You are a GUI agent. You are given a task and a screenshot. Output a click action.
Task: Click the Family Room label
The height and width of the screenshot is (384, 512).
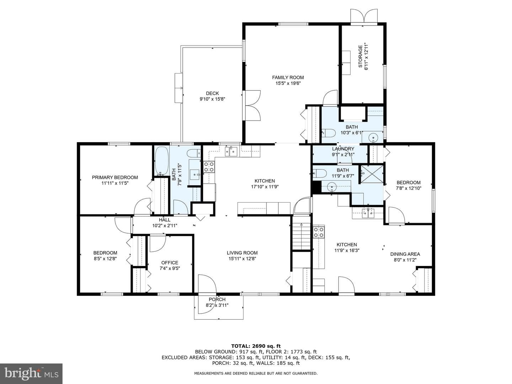point(288,78)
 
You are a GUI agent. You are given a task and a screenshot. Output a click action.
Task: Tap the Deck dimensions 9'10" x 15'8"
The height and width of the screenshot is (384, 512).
point(212,99)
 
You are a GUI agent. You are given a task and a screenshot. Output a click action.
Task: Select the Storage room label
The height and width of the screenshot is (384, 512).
point(361,57)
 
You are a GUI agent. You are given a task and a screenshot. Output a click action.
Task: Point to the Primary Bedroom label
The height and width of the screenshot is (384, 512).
point(115,177)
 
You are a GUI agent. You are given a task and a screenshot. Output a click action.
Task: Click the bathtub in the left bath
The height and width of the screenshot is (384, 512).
point(161,161)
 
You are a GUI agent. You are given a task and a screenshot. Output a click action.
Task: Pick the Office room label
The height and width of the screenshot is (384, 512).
point(170,262)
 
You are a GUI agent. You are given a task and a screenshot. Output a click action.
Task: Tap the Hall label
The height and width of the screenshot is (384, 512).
point(165,220)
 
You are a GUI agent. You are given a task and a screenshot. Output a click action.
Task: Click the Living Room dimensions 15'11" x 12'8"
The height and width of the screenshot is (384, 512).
point(242,258)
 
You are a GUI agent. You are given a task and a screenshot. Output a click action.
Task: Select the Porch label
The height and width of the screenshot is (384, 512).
point(217,299)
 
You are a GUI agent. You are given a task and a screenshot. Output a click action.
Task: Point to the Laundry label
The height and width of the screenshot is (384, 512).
point(343,149)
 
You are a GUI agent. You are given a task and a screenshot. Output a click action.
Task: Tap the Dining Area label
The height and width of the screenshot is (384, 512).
point(405,254)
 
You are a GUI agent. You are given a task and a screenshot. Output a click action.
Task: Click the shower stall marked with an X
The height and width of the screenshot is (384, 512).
point(372,174)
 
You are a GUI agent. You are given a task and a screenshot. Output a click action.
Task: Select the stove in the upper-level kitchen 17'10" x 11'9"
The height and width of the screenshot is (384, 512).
point(209,167)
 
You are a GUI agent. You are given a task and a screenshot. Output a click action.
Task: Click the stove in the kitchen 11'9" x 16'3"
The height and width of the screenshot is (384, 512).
point(319,232)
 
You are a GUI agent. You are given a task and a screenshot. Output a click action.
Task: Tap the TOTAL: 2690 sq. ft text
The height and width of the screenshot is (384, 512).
point(256,346)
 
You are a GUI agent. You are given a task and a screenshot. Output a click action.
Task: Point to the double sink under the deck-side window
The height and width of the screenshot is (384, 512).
point(231,151)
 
